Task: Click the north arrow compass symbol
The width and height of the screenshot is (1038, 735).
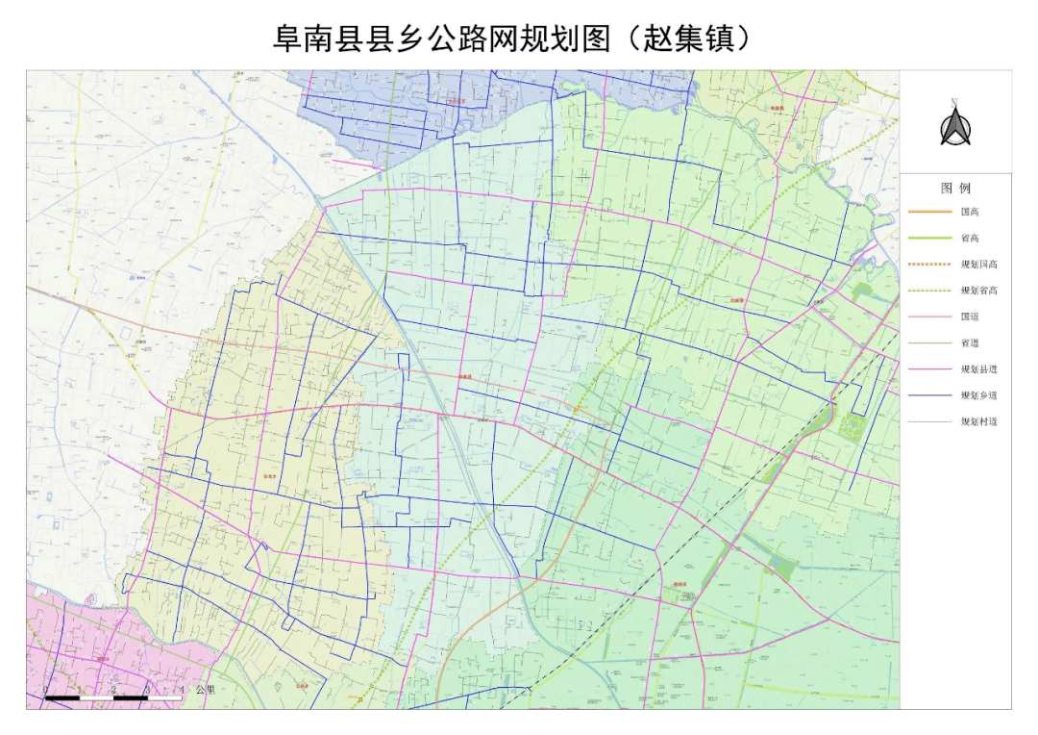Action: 954,128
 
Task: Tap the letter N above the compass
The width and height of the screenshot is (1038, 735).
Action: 954,102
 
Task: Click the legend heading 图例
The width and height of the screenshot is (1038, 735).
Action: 955,189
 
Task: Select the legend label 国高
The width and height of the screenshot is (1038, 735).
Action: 969,212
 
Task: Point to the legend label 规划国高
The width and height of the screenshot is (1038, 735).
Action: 978,264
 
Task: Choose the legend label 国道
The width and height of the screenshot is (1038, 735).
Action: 969,316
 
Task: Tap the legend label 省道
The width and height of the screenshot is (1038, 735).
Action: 969,342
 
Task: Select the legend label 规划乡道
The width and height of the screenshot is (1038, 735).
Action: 978,394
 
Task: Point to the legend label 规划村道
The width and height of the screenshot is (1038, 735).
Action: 978,421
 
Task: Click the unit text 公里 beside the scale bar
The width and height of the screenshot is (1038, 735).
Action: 205,690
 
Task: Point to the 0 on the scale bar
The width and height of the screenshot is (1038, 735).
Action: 47,689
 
